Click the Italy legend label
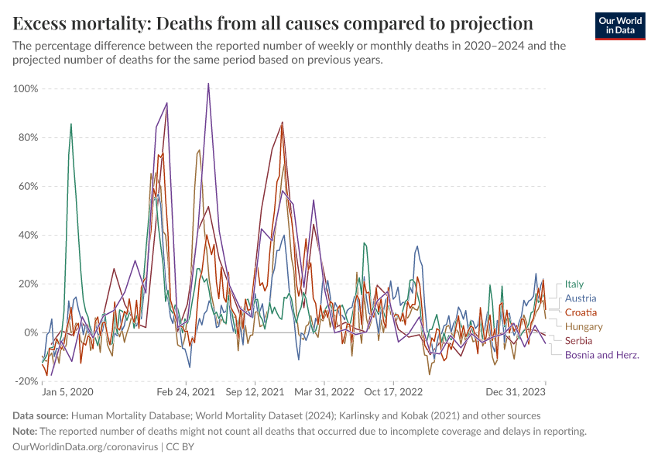574,284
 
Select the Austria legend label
581,298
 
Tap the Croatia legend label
581,312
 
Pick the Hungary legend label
584,327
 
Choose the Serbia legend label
579,341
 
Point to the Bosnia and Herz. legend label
601,355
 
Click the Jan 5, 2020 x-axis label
67,393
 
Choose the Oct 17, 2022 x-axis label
394,393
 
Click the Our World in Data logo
619,26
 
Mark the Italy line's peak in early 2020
71,124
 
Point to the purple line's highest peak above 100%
208,84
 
